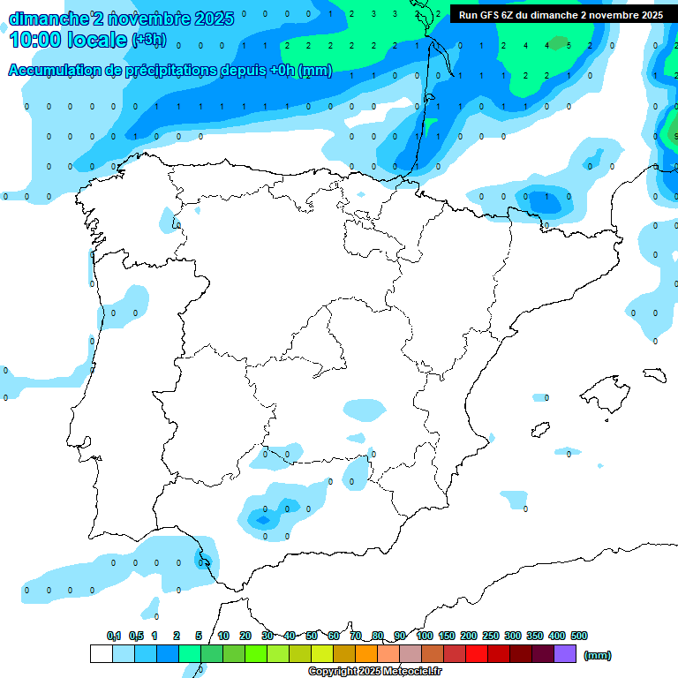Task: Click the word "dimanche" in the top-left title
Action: (48, 18)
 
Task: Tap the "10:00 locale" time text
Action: (67, 39)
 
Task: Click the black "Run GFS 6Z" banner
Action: (561, 15)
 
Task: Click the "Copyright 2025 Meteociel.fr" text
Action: (374, 672)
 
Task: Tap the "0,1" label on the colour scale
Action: (114, 636)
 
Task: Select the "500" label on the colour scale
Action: (579, 636)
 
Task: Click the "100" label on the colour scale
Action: (425, 636)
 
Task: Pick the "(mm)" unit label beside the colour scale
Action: (598, 655)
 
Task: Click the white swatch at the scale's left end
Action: (101, 654)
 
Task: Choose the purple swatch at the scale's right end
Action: (565, 654)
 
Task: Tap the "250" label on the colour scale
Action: (491, 636)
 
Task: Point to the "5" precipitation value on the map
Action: (569, 45)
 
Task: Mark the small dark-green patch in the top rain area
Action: (557, 41)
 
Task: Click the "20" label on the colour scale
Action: (245, 636)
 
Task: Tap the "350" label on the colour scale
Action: (535, 636)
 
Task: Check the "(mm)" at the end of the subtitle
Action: (315, 71)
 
